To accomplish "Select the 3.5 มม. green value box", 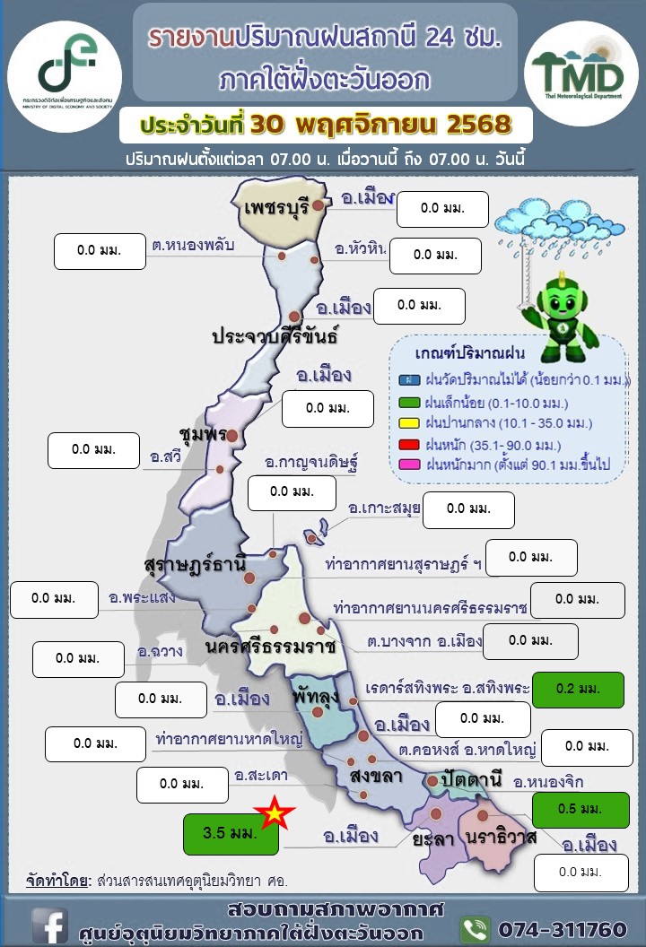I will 231,833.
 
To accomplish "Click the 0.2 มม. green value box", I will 577,690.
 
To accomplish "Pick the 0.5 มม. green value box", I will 577,809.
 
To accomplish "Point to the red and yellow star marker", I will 275,813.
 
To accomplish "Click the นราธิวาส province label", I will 502,837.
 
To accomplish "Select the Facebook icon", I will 50,925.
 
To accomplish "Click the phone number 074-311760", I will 561,928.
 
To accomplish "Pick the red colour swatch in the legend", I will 406,445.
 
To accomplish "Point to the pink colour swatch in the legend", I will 406,465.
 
